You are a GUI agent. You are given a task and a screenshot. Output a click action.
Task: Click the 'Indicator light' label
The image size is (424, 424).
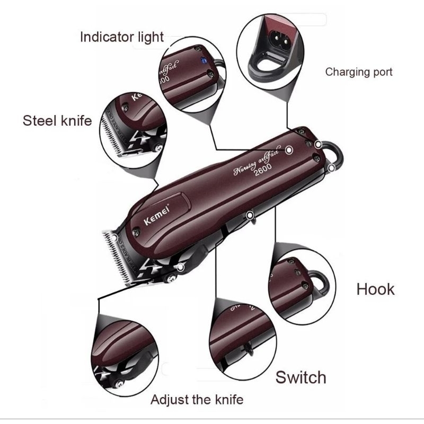tap(122, 37)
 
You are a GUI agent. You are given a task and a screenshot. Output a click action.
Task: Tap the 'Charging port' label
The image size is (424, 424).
tap(359, 72)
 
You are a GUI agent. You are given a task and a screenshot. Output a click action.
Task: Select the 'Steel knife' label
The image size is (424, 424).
tap(57, 120)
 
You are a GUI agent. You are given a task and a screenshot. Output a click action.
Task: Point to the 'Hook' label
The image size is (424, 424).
tap(375, 289)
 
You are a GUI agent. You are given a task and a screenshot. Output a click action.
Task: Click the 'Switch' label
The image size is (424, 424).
tap(301, 377)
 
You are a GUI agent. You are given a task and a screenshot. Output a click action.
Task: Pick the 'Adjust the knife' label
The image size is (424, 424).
tap(197, 399)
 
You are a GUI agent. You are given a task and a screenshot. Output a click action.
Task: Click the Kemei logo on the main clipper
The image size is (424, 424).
tap(156, 216)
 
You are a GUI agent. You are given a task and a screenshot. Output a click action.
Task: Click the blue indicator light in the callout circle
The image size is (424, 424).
tap(202, 61)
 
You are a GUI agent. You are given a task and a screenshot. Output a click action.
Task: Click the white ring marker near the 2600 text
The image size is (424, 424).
tap(289, 151)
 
